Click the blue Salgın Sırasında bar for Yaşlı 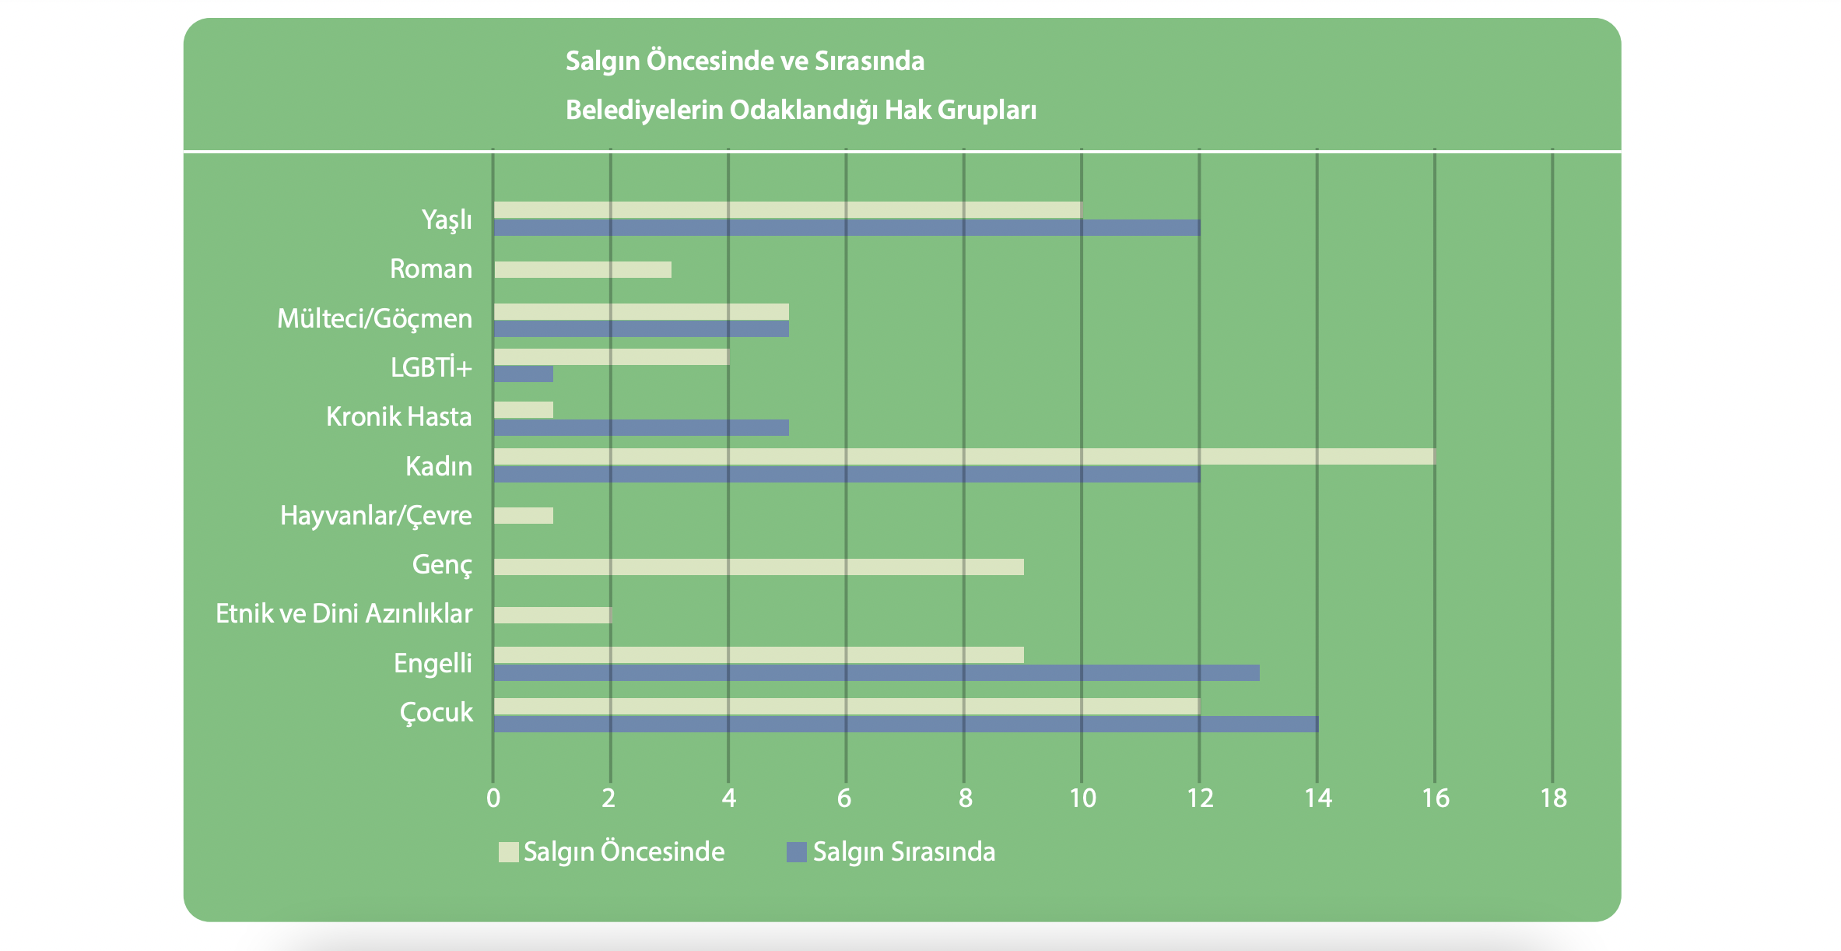847,227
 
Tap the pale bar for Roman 582,269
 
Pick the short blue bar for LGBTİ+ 523,374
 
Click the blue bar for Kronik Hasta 641,427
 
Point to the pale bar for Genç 759,567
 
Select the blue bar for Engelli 876,672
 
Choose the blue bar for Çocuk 906,724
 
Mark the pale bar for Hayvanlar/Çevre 523,515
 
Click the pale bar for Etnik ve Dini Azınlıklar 552,615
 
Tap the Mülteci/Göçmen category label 374,318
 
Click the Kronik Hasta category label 398,416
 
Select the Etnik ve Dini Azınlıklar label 343,613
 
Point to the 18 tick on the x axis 1553,798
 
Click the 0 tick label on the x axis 493,798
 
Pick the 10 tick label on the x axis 1082,798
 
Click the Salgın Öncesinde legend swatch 508,851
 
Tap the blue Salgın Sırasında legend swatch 796,851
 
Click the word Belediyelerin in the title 644,110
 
